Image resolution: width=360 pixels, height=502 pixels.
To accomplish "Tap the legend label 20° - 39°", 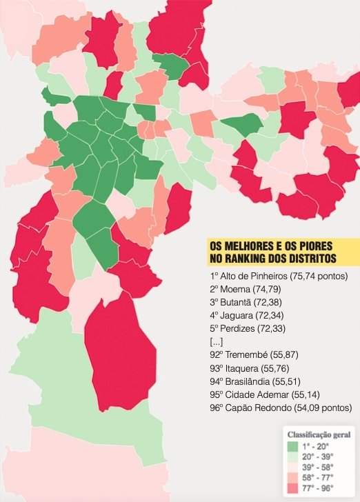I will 321,457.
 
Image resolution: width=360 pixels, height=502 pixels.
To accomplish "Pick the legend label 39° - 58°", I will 321,468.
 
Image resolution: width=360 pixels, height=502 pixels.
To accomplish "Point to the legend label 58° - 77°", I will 321,478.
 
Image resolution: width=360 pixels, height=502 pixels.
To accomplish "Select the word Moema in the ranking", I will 238,289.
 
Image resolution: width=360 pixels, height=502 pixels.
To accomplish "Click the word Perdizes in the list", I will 241,329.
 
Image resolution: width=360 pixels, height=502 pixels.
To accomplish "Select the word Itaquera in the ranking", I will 242,369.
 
